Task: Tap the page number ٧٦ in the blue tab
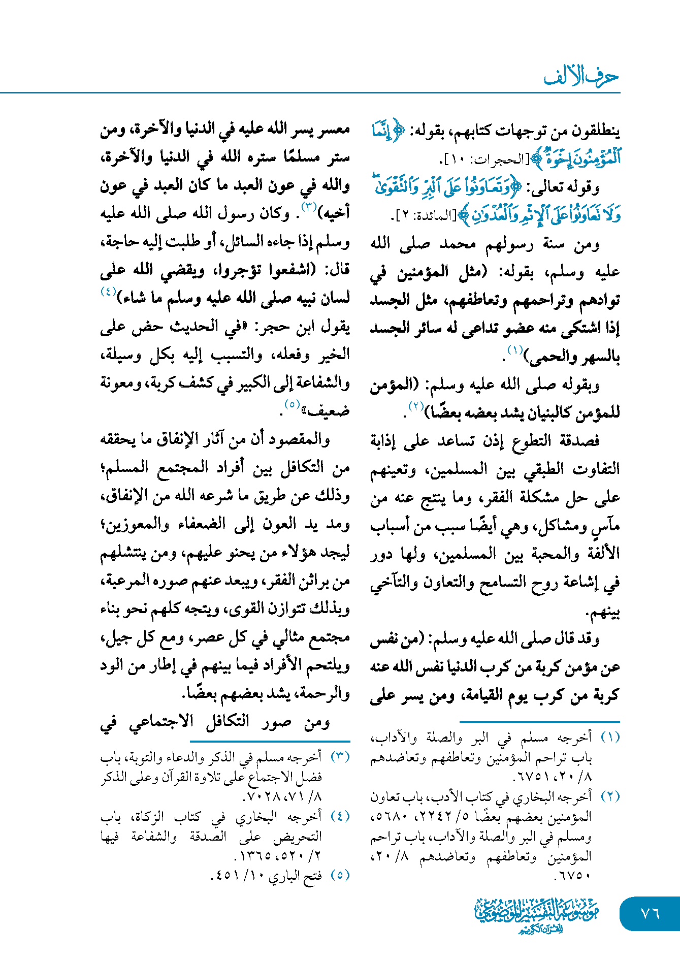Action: [650, 913]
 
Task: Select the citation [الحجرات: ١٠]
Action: [484, 160]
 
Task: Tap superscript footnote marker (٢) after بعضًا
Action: [416, 406]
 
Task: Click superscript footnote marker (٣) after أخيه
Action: [309, 207]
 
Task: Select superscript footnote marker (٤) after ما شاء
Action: [109, 292]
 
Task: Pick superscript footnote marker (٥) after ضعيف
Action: [292, 405]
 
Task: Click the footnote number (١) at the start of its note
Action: [610, 737]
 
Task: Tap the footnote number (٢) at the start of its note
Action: [610, 796]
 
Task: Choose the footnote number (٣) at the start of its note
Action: [340, 757]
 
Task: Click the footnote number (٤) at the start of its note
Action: [340, 816]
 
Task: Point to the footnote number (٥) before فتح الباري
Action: [340, 875]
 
